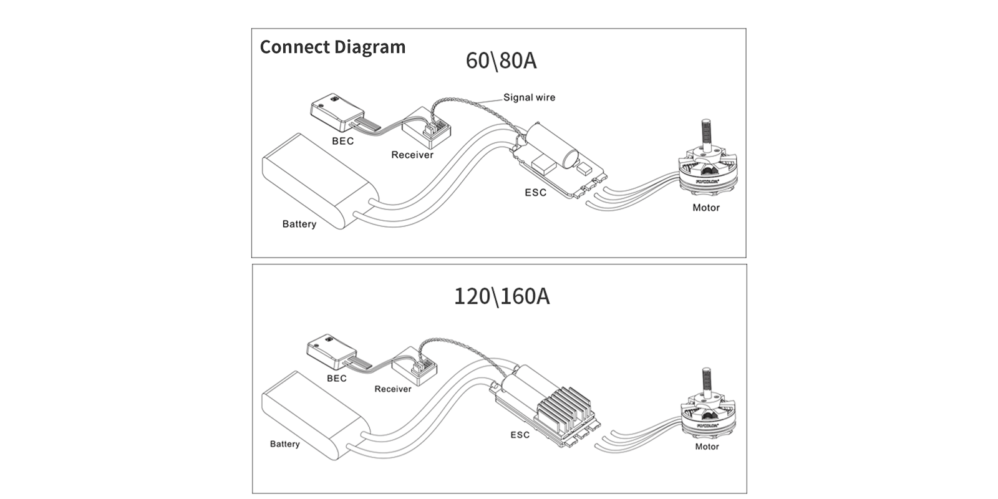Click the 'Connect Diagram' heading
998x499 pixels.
pos(332,47)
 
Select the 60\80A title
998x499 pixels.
pos(501,61)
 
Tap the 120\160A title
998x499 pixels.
pos(501,296)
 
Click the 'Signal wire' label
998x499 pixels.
pos(529,97)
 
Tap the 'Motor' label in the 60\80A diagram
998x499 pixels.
pos(705,208)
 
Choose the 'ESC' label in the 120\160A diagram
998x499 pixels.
pos(520,435)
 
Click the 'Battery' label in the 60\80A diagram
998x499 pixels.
pos(299,224)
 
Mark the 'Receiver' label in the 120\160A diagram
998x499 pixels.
pos(392,389)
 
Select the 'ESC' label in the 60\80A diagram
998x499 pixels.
pos(535,192)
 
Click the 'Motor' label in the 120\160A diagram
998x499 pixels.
pos(707,447)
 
